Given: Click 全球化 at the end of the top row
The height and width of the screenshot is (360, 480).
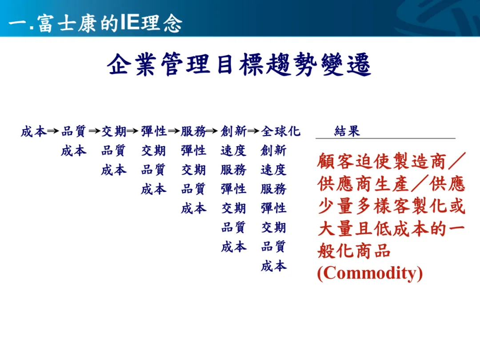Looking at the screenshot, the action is click(x=281, y=131).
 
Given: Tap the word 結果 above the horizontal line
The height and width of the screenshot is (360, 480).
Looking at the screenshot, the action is click(x=347, y=131).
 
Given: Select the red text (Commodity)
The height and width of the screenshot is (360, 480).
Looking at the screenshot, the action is click(x=370, y=273).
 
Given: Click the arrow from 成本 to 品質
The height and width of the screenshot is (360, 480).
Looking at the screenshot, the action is click(x=53, y=131).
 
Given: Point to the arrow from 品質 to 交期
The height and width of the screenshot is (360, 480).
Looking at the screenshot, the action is click(x=95, y=131).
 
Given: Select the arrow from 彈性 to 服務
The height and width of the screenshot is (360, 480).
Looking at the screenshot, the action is click(x=174, y=131).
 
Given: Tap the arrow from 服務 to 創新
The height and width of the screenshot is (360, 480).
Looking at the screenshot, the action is click(x=212, y=131).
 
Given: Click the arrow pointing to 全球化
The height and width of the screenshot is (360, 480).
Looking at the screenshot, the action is click(x=253, y=131).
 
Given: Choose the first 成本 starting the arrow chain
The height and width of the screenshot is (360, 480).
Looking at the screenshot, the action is click(x=34, y=131).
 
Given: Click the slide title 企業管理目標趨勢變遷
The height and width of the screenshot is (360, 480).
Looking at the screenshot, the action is click(x=239, y=64).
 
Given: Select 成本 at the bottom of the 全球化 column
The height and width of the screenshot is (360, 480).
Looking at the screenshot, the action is click(x=274, y=266).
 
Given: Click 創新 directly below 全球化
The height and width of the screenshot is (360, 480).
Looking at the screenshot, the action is click(x=274, y=151).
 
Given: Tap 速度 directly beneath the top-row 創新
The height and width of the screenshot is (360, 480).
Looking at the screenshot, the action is click(x=233, y=151).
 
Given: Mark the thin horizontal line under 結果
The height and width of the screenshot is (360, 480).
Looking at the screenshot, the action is click(x=386, y=138).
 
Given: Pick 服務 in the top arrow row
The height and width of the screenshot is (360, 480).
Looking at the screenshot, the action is click(x=193, y=131).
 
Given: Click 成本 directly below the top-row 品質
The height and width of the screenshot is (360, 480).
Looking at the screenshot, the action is click(x=74, y=151).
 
